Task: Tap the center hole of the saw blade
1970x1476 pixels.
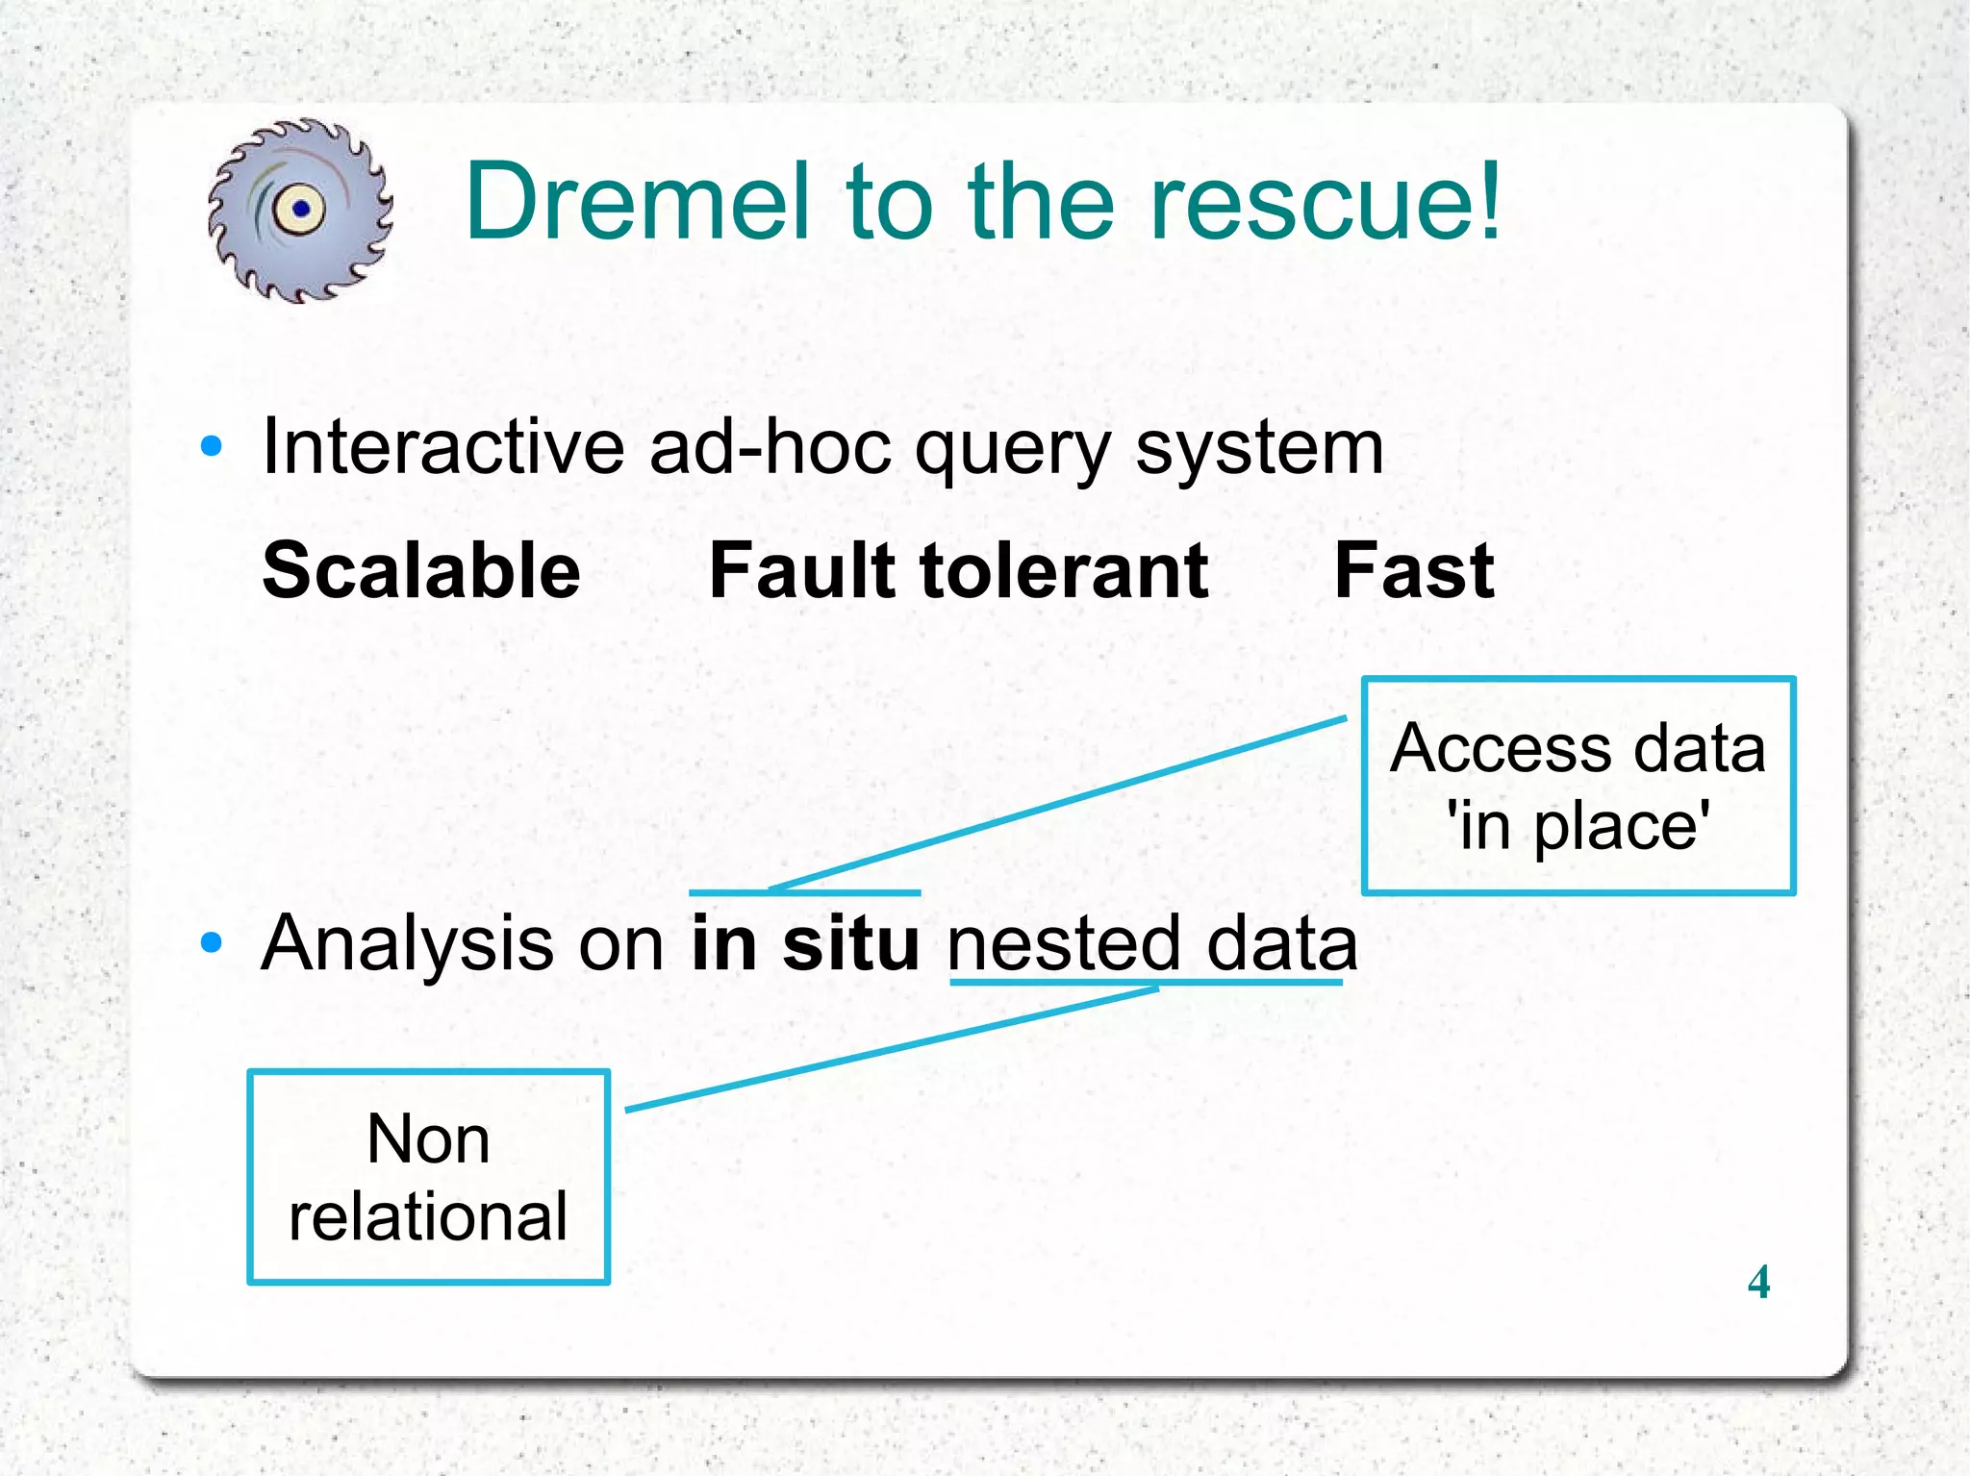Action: click(301, 208)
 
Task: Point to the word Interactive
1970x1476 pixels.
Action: click(443, 447)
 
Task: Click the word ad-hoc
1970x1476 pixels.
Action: click(770, 447)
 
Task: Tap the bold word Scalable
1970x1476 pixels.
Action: click(421, 570)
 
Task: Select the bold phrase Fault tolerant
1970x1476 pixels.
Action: click(958, 570)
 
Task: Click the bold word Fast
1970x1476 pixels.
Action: click(1414, 570)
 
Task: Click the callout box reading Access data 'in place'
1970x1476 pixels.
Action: click(1579, 786)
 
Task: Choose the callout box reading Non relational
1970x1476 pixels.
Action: click(429, 1176)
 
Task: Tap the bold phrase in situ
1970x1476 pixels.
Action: click(805, 943)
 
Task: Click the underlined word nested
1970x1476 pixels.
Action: click(1063, 943)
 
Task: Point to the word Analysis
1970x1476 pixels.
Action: click(408, 943)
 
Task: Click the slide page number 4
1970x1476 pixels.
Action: click(1758, 1282)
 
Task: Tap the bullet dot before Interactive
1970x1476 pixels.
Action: click(212, 446)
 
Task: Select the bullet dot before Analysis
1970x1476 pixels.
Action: click(212, 942)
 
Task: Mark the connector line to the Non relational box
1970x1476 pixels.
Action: click(890, 1048)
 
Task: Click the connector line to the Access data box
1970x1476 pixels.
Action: click(1058, 803)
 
